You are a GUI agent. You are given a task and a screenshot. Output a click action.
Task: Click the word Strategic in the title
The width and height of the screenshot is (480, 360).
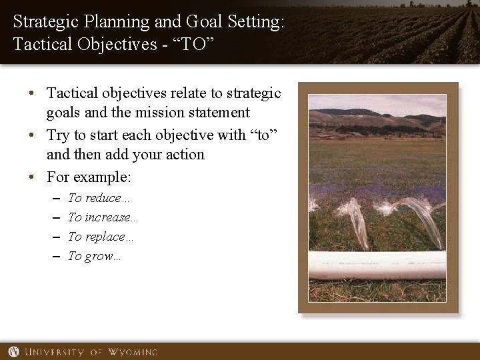[x=41, y=21]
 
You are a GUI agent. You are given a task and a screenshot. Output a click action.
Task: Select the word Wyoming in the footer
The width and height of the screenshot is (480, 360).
[x=130, y=351]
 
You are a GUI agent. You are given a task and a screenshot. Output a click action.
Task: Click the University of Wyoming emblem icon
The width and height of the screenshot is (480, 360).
[x=13, y=351]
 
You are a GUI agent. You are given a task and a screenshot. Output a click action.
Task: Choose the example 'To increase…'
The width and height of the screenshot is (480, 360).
[x=103, y=217]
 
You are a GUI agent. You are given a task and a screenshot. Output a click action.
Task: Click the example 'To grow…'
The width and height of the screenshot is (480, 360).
[x=94, y=256]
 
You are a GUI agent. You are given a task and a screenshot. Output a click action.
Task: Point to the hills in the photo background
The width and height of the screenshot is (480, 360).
[x=377, y=121]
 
